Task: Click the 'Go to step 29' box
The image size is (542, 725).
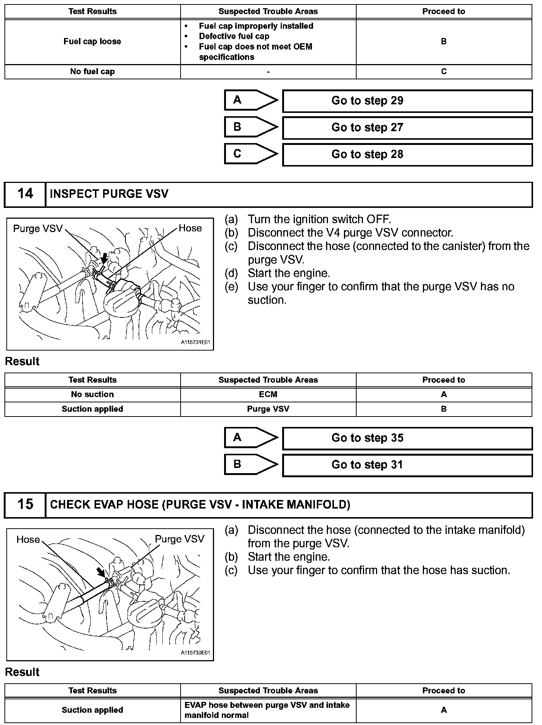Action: (x=407, y=101)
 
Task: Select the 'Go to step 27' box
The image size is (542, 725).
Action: (x=407, y=128)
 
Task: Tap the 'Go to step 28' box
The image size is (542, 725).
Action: (x=407, y=155)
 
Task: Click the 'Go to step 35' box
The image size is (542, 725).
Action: (x=407, y=438)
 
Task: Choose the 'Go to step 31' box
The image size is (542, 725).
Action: (x=407, y=465)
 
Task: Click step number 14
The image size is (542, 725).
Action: (x=25, y=194)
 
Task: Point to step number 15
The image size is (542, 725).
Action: (x=25, y=505)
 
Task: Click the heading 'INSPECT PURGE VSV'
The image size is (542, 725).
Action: (x=109, y=194)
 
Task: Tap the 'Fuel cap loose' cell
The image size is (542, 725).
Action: (x=92, y=42)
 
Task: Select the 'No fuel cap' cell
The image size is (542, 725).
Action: (x=92, y=72)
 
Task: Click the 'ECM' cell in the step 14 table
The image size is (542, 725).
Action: (x=268, y=395)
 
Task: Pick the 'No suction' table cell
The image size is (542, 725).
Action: (x=92, y=395)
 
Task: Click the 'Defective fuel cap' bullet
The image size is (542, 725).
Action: (x=234, y=37)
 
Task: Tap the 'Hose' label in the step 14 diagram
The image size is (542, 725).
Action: (x=190, y=228)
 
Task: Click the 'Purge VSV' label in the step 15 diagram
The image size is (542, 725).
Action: (x=179, y=539)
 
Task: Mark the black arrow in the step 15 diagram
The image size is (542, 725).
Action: (x=101, y=572)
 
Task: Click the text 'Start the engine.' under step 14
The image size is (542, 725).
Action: (x=289, y=273)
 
